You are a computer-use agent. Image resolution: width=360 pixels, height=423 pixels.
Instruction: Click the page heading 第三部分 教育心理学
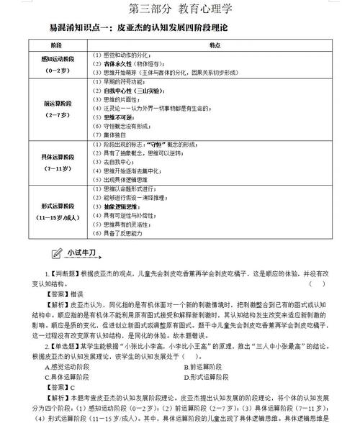click(179, 9)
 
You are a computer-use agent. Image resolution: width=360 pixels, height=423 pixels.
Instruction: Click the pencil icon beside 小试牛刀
click(57, 253)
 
